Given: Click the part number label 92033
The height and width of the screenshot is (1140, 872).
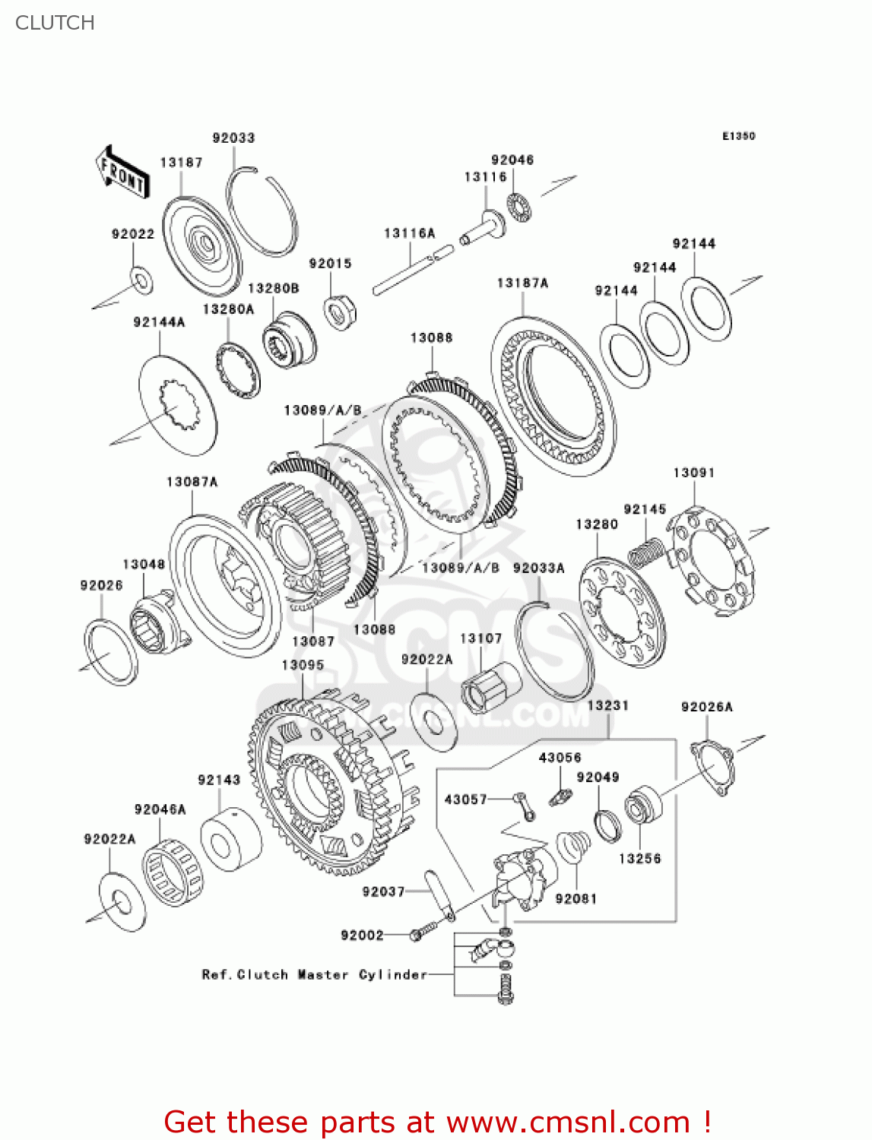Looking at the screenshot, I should (x=233, y=138).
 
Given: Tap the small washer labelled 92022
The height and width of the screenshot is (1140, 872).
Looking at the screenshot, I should (x=141, y=280).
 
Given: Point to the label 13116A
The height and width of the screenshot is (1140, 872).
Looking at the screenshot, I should (x=409, y=233).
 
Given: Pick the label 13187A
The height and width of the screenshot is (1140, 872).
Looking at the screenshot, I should (x=522, y=283).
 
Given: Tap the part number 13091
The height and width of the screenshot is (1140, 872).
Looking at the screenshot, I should (x=693, y=473).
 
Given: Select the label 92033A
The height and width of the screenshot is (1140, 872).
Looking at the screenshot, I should (x=538, y=568).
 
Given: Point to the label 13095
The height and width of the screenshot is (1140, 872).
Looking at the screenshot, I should (x=303, y=665).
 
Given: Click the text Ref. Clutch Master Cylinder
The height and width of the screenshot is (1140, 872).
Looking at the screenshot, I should (x=314, y=974).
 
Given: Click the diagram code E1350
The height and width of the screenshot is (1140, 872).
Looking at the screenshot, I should (x=738, y=136).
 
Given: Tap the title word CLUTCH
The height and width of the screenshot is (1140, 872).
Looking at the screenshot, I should (x=55, y=23).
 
